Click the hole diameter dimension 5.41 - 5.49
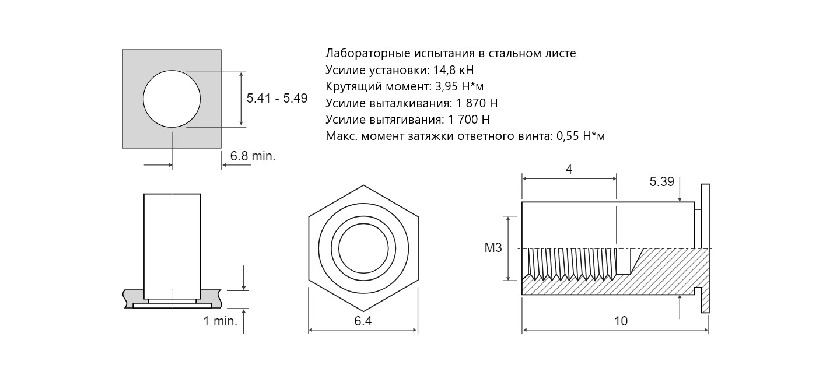coord(277,99)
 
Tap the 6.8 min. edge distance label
coord(253,156)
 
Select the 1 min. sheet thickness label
coord(220,321)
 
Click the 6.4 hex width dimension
coord(363,321)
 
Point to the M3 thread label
coord(493,248)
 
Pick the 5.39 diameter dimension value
coord(661,182)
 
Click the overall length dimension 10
coord(621,321)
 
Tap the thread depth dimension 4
coord(569,170)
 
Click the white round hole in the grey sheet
coord(172,99)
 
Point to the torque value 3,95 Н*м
coord(459,86)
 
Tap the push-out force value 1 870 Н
coord(477,103)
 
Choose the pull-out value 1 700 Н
coord(468,120)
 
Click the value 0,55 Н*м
coord(580,136)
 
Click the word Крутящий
coord(353,87)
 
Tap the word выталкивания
coord(410,103)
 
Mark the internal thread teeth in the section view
coord(572,263)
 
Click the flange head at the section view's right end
coord(705,249)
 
